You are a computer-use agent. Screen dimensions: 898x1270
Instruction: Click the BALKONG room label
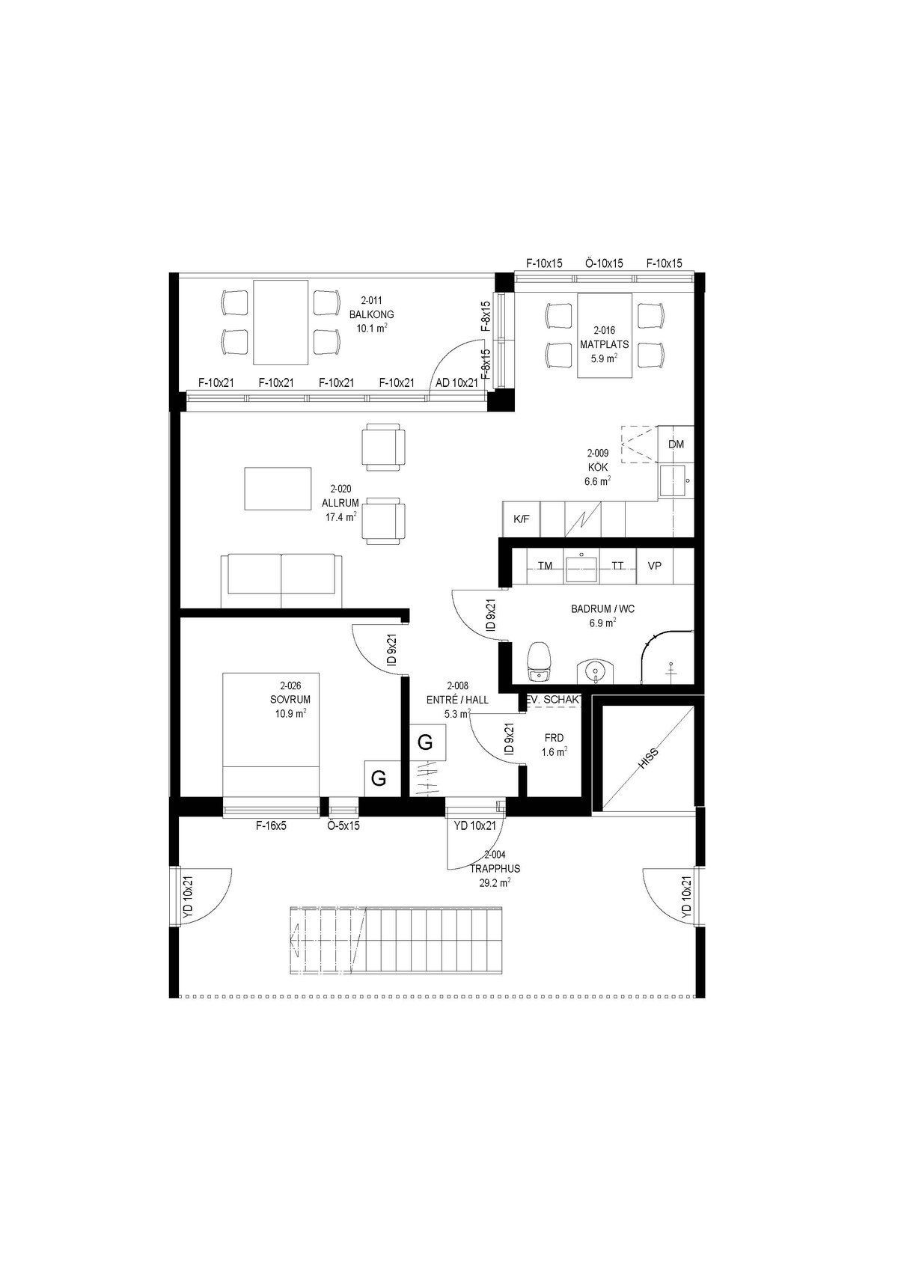(x=371, y=314)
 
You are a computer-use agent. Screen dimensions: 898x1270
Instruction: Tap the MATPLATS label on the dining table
(x=605, y=344)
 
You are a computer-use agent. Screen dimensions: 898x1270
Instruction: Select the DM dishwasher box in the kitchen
(x=676, y=445)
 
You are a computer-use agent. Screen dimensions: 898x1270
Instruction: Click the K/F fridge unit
(x=521, y=519)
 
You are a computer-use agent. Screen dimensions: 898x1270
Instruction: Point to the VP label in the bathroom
(x=654, y=566)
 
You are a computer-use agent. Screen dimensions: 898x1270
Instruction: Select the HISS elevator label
(x=649, y=758)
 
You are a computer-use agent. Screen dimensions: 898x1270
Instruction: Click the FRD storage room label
(x=554, y=738)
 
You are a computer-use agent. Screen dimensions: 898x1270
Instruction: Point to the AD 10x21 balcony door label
(x=456, y=382)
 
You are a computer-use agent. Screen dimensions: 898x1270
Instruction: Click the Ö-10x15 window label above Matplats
(x=604, y=263)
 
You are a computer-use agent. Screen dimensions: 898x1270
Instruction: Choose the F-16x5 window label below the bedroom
(x=271, y=826)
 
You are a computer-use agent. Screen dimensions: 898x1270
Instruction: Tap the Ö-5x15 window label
(x=343, y=826)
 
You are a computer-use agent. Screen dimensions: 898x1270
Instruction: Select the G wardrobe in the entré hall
(x=427, y=742)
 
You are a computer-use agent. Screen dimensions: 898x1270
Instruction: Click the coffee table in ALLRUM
(x=278, y=489)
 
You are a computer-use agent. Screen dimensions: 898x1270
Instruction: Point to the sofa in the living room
(x=282, y=581)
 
